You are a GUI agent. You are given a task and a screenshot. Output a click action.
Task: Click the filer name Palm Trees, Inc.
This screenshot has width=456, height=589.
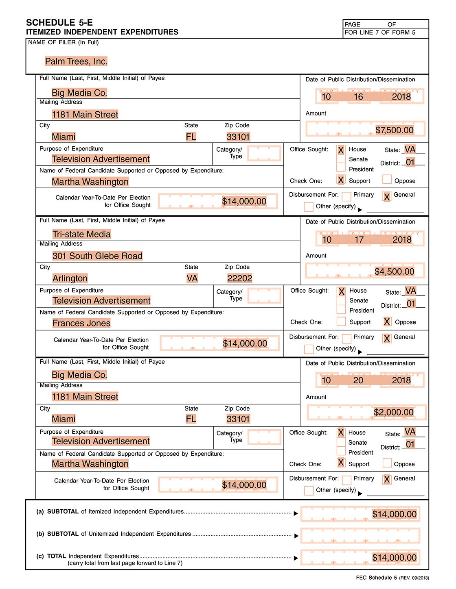(76, 61)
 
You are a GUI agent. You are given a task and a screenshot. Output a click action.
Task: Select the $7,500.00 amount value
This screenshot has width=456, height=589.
(394, 130)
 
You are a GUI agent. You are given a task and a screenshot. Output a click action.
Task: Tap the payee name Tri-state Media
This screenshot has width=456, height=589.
(81, 234)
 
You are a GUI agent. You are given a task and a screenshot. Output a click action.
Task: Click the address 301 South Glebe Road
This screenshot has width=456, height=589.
(97, 256)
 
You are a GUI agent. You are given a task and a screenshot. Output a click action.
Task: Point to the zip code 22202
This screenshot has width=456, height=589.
(239, 278)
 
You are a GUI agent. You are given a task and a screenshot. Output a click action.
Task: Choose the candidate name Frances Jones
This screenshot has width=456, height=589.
(81, 323)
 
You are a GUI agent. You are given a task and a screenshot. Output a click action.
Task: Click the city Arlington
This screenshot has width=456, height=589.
(70, 278)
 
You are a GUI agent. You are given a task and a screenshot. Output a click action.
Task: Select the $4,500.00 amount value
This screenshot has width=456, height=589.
(394, 272)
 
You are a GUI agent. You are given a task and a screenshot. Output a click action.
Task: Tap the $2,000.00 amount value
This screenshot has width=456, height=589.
(393, 412)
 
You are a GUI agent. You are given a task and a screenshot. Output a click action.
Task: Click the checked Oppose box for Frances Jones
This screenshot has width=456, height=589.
(387, 322)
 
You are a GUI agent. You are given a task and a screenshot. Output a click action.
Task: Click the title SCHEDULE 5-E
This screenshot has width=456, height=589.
(59, 23)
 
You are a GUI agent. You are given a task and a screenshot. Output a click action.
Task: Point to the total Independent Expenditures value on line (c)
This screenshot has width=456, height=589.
(394, 558)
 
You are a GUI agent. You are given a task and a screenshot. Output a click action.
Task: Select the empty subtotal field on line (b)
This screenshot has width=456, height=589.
(360, 536)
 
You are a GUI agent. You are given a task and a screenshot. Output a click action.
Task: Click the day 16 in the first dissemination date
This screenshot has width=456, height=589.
(358, 97)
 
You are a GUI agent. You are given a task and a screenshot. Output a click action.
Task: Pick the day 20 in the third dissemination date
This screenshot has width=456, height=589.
(358, 380)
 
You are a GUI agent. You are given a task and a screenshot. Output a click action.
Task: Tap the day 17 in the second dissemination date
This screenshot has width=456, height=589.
(359, 240)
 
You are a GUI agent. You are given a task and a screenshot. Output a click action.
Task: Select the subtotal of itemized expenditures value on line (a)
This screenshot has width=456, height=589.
(394, 514)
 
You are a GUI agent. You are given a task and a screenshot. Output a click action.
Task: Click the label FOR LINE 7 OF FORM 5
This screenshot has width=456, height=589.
(380, 33)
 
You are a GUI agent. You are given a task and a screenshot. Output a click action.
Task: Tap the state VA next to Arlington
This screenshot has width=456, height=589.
(192, 278)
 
